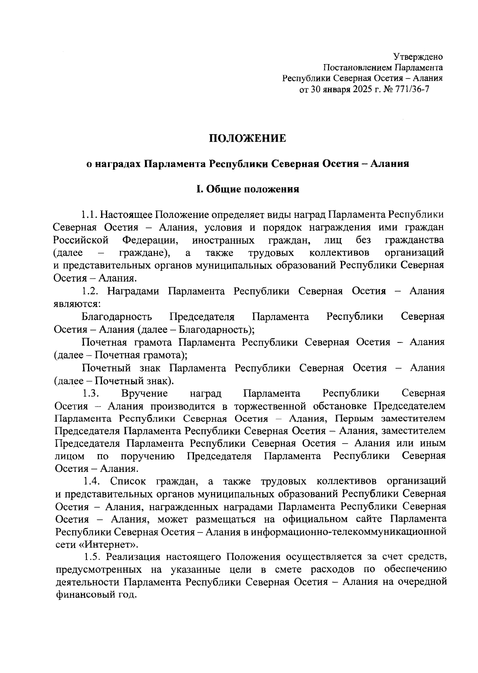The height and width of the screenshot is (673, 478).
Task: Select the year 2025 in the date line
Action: click(360, 90)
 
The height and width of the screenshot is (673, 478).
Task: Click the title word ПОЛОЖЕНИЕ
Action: click(248, 139)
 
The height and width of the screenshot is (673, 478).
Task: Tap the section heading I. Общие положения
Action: click(247, 189)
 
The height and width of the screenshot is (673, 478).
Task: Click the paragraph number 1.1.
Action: click(89, 215)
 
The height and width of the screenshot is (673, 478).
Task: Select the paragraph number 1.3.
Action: click(90, 393)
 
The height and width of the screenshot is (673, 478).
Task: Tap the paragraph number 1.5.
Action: click(92, 557)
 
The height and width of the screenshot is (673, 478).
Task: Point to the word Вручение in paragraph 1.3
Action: click(145, 393)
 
